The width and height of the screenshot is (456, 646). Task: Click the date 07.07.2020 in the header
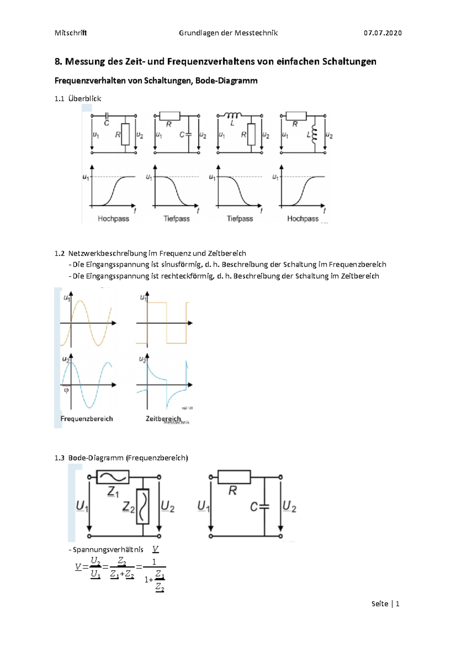pyautogui.click(x=382, y=33)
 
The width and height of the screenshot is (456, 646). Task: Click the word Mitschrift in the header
pyautogui.click(x=71, y=33)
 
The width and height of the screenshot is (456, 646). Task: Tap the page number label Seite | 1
pyautogui.click(x=385, y=603)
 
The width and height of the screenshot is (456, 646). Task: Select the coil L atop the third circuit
pyautogui.click(x=233, y=115)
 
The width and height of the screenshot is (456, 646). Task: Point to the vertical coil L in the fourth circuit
pyautogui.click(x=314, y=135)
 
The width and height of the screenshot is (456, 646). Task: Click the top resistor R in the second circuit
pyautogui.click(x=169, y=116)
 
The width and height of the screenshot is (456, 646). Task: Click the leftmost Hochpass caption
pyautogui.click(x=113, y=219)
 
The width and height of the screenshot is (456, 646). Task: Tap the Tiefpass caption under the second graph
pyautogui.click(x=176, y=219)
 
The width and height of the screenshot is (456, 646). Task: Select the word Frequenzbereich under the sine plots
pyautogui.click(x=87, y=418)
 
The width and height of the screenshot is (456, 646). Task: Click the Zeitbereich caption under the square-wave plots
pyautogui.click(x=163, y=418)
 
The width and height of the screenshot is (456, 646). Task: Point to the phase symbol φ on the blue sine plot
pyautogui.click(x=66, y=390)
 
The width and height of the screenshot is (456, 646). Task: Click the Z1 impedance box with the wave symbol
pyautogui.click(x=113, y=477)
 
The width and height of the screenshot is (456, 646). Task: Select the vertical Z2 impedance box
pyautogui.click(x=143, y=506)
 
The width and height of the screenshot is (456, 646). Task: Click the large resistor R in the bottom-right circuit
pyautogui.click(x=234, y=477)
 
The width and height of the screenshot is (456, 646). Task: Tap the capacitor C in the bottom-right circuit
pyautogui.click(x=264, y=507)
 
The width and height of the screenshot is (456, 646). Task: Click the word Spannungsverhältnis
pyautogui.click(x=108, y=550)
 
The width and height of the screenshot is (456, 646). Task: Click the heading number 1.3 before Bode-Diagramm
pyautogui.click(x=59, y=458)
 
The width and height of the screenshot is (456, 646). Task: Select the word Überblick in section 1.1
pyautogui.click(x=85, y=99)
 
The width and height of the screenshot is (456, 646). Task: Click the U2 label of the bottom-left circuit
pyautogui.click(x=168, y=506)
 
